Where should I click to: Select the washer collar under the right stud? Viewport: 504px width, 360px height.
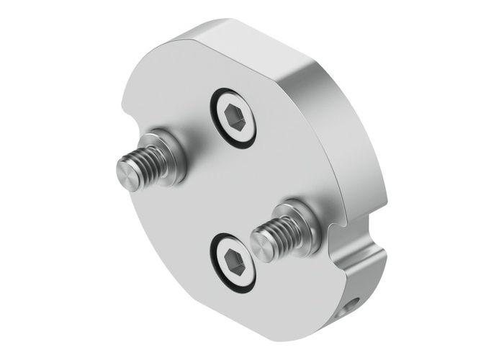(x=295, y=216)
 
